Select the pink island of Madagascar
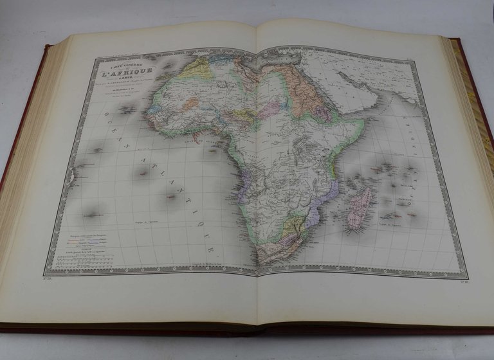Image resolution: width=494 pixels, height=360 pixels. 359,207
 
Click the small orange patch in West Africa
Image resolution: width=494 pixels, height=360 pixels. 190,102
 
